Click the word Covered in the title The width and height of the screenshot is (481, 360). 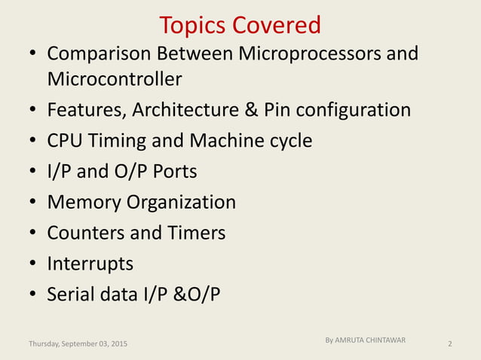(277, 26)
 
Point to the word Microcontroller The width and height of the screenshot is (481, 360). (115, 78)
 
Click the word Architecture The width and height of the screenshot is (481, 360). (187, 110)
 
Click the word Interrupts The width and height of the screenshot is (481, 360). (90, 264)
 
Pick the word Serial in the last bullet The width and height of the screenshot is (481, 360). (69, 294)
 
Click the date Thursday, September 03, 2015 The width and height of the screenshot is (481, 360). (78, 344)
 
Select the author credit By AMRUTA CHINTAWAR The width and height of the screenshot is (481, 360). (366, 340)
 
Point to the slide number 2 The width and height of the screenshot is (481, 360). (449, 344)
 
